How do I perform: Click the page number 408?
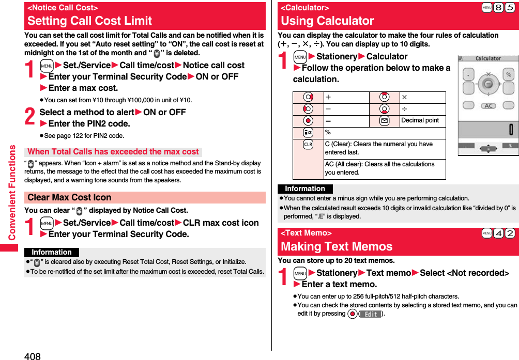click(32, 355)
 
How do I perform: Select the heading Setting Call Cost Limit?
click(90, 21)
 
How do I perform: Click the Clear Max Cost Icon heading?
click(70, 197)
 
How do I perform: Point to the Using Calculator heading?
click(327, 21)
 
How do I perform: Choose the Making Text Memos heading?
click(337, 246)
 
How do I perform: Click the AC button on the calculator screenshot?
click(488, 105)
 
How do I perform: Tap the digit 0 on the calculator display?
click(511, 129)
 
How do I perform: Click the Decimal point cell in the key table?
click(420, 120)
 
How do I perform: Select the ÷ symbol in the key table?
click(404, 109)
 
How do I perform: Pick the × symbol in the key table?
click(404, 97)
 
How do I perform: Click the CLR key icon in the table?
click(308, 144)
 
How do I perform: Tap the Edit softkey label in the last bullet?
click(370, 314)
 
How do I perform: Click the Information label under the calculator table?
click(305, 189)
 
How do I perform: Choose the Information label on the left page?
click(52, 253)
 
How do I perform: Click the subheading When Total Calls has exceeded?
click(113, 152)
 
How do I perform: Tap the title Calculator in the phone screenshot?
click(488, 58)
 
